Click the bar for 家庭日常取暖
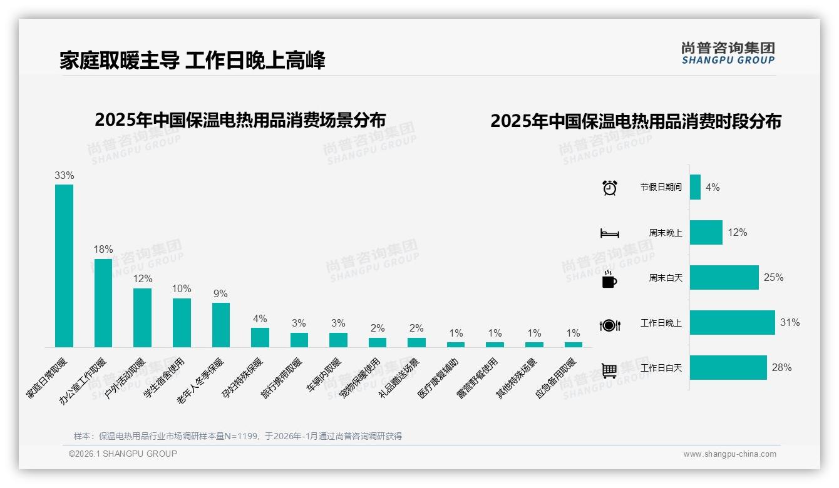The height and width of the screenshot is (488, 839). (64, 265)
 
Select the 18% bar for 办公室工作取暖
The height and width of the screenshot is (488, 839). (103, 303)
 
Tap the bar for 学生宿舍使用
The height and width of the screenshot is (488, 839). (182, 322)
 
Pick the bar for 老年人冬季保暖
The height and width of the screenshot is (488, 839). (221, 325)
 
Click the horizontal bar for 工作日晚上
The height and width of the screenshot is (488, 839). (732, 323)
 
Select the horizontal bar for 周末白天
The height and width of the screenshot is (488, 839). (724, 278)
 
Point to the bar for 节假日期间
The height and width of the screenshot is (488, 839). (695, 187)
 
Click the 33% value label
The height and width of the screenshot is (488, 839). (64, 176)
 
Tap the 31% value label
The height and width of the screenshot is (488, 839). (790, 323)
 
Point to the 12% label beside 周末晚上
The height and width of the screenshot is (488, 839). (737, 233)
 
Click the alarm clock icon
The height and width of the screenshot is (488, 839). (609, 188)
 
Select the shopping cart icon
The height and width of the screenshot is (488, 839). (609, 370)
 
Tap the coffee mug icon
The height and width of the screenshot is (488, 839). (609, 280)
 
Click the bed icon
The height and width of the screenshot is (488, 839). (609, 233)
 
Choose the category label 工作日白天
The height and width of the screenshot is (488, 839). (661, 368)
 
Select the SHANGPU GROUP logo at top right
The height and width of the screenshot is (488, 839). (728, 53)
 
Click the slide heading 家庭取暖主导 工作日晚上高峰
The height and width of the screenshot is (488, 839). (192, 61)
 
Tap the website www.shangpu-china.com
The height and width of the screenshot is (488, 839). (729, 454)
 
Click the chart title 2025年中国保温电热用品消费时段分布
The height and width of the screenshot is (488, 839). (636, 121)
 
